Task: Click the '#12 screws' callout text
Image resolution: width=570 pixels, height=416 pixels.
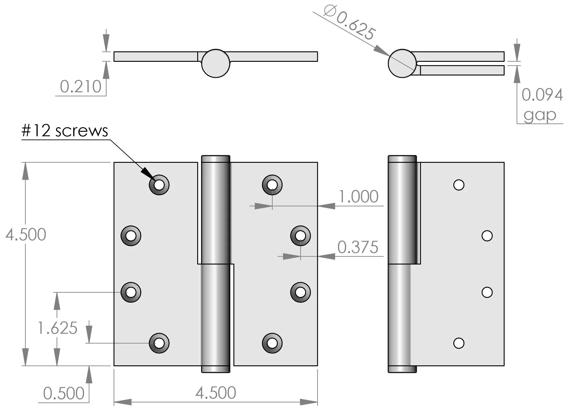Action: (x=65, y=131)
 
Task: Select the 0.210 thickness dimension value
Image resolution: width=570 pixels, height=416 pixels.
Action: (x=81, y=87)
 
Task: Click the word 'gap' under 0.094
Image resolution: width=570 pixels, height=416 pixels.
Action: (x=540, y=115)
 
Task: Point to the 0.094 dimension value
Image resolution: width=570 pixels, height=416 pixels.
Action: (x=542, y=95)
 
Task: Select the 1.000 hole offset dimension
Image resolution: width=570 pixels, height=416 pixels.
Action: (x=359, y=197)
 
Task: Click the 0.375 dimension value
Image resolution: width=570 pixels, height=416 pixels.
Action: (x=358, y=247)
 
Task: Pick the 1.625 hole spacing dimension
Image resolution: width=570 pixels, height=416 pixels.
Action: (x=57, y=328)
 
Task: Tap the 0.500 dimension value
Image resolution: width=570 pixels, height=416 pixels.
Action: (x=64, y=394)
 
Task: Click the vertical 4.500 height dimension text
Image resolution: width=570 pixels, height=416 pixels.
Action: (x=26, y=235)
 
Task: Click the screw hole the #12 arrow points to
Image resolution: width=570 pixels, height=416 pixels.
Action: (x=159, y=184)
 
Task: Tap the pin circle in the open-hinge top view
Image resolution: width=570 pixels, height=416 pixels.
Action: (x=216, y=63)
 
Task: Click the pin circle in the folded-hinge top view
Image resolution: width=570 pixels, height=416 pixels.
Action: (x=402, y=63)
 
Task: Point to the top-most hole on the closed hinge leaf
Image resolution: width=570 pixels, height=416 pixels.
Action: (x=459, y=185)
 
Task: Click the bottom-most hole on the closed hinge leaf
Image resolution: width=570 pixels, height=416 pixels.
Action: (x=459, y=343)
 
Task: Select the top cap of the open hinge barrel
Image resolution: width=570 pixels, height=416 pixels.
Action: (x=216, y=159)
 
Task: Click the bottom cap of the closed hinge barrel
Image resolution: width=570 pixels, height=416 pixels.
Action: (x=402, y=369)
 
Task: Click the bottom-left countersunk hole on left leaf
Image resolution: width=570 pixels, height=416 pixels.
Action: (x=159, y=343)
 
